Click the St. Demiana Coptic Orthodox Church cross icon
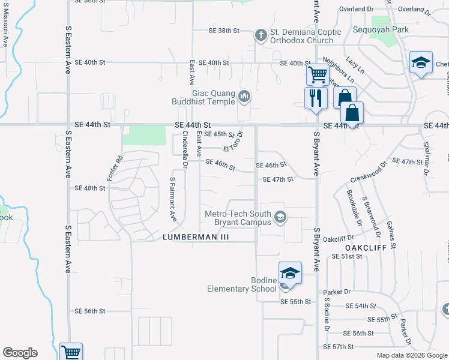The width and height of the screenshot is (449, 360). point(261,35)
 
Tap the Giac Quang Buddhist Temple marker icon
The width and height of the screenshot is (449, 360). point(244,96)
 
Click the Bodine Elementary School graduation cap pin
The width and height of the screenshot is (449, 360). point(290,273)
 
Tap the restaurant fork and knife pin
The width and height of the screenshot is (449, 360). point(316,97)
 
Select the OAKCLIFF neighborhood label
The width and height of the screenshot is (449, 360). point(364,247)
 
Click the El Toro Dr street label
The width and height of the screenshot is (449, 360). point(232,143)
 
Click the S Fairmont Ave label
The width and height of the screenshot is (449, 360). point(172,198)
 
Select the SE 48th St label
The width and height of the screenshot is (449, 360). point(90,188)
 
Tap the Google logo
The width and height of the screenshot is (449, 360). point(20,353)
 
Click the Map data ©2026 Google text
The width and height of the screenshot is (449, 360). point(412,355)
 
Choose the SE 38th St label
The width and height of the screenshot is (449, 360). point(224,31)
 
